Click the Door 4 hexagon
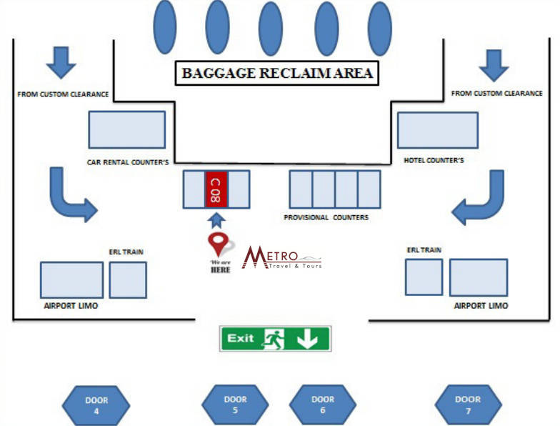(96, 405)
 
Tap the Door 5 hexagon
(235, 405)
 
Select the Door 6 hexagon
(323, 405)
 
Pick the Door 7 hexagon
(468, 405)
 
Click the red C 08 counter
(216, 189)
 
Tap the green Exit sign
(275, 338)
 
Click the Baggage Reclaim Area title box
(276, 73)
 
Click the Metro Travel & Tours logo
(281, 258)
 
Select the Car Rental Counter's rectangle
(126, 129)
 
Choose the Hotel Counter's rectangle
(437, 130)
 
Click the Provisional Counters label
(326, 217)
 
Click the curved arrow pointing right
(70, 195)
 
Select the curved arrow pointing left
(481, 198)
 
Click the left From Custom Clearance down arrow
(61, 63)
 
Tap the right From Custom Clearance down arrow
(494, 65)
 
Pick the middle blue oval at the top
(270, 29)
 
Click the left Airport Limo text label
(71, 306)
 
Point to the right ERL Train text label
(424, 250)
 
